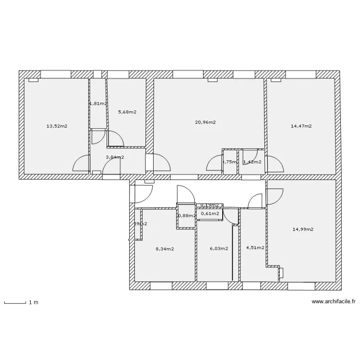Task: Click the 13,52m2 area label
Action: pos(57,126)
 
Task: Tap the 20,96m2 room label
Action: pos(205,122)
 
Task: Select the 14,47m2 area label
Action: pos(301,126)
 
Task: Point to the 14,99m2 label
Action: pos(303,229)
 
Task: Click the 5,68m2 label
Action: pos(127,112)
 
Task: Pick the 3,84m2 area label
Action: pos(115,157)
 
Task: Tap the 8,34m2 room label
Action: pos(165,249)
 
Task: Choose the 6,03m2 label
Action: pos(219,249)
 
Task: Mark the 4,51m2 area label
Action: pos(255,248)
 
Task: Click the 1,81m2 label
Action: pos(98,103)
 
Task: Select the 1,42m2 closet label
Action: pos(252,162)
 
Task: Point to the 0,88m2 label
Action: pos(186,216)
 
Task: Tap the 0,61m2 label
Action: pos(210,214)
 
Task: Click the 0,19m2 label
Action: pos(209,205)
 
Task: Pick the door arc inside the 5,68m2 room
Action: pos(115,139)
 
